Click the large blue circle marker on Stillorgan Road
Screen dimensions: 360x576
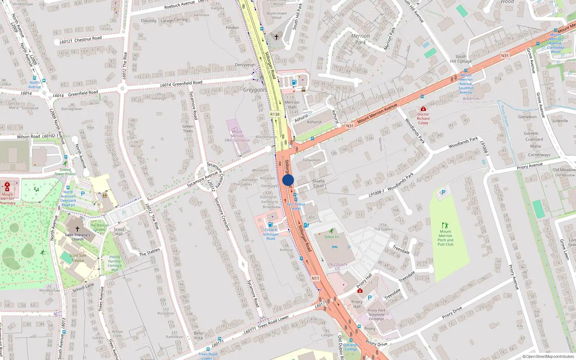[x=288, y=180]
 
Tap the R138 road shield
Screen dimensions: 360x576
[x=275, y=114]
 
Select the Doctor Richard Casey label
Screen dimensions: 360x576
[x=423, y=118]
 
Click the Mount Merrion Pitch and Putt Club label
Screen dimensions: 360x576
[x=445, y=238]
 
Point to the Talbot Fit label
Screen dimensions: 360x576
[x=331, y=237]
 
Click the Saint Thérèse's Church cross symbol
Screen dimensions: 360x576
[x=77, y=229]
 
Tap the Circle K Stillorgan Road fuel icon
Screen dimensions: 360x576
[x=271, y=224]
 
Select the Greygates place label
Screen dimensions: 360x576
[x=255, y=90]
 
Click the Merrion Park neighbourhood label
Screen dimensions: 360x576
[x=360, y=39]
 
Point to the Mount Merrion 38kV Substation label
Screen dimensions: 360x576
[x=237, y=136]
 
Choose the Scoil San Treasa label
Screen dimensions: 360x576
[x=77, y=258]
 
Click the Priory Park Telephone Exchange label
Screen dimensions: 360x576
[x=376, y=314]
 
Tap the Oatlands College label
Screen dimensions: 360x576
[x=351, y=347]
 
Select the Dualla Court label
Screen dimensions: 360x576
[x=318, y=184]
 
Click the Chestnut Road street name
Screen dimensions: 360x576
[x=88, y=39]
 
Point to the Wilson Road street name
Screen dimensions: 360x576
[x=28, y=137]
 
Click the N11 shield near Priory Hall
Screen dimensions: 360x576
[x=315, y=278]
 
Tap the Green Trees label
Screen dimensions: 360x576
[x=188, y=129]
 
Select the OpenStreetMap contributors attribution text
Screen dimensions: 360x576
[x=548, y=356]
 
